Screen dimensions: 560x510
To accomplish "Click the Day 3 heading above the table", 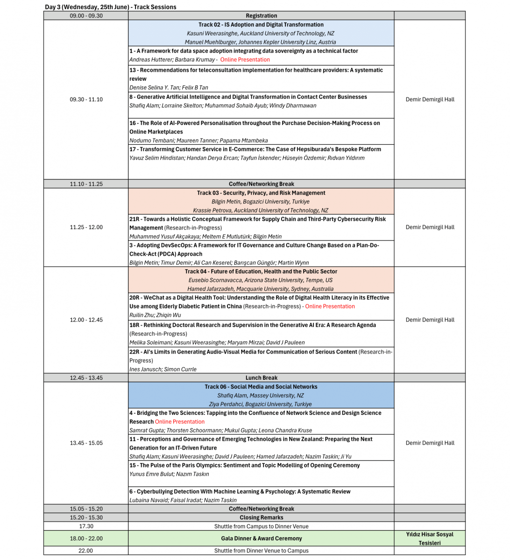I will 111,7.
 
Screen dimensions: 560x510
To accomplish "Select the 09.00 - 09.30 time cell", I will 86,16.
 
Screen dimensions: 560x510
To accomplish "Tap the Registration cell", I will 261,16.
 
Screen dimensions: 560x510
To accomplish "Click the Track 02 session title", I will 261,25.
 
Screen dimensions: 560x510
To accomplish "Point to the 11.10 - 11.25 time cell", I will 86,184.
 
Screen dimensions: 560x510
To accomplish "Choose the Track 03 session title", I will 261,193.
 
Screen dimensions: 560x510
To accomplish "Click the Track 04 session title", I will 261,271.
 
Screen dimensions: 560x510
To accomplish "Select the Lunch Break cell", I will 261,378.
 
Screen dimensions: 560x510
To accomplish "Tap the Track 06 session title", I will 261,386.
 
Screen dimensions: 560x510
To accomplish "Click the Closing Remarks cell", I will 261,518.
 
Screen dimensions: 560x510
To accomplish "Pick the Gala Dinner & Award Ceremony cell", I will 261,539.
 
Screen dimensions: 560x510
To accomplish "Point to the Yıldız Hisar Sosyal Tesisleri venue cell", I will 429,539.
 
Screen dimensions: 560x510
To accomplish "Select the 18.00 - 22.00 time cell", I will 86,539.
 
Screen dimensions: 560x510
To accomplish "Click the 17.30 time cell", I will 86,526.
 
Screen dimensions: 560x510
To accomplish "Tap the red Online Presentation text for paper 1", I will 245,60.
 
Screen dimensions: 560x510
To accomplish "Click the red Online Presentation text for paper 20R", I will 330,306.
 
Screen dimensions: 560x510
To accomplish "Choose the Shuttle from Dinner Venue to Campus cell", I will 261,551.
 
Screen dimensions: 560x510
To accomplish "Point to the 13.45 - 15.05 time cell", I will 86,443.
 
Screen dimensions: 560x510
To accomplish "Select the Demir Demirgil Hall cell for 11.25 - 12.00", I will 430,227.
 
